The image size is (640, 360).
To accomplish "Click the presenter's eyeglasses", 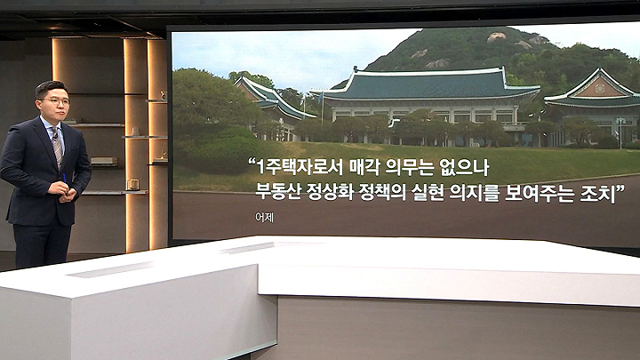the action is tap(56, 100).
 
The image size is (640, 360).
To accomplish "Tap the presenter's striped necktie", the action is tap(57, 145).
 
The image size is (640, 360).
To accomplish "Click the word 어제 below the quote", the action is tap(264, 218).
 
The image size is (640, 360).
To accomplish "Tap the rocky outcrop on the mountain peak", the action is tap(497, 37).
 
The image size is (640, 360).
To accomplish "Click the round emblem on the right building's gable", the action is tap(600, 88).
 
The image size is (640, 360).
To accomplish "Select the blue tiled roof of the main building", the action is tap(427, 85).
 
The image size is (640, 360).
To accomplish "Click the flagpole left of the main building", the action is tap(322, 108).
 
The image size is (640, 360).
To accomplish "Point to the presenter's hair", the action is tap(50, 88).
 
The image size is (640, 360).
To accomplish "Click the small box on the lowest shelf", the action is tap(133, 185).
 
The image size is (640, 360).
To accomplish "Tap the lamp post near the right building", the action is tap(620, 132).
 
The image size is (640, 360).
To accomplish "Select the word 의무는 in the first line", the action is tap(411, 166).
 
